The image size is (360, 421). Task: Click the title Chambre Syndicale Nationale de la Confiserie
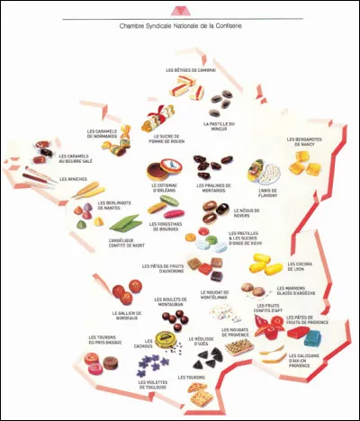tap(180, 27)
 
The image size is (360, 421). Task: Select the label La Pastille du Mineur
tap(220, 126)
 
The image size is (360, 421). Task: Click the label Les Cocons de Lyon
tap(304, 267)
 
